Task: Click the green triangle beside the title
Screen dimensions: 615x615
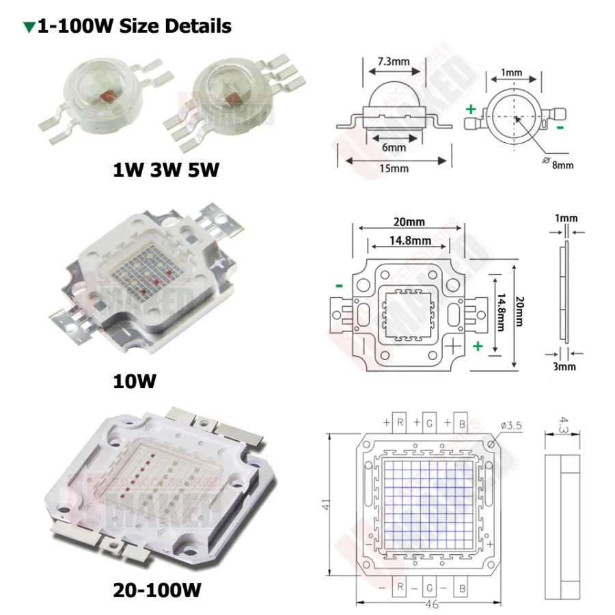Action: [x=29, y=27]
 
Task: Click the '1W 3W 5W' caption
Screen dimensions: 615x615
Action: [x=166, y=169]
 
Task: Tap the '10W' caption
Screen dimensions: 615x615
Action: [x=135, y=380]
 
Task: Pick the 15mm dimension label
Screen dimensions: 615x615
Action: [x=395, y=168]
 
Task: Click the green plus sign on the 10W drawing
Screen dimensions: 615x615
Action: [x=478, y=346]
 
